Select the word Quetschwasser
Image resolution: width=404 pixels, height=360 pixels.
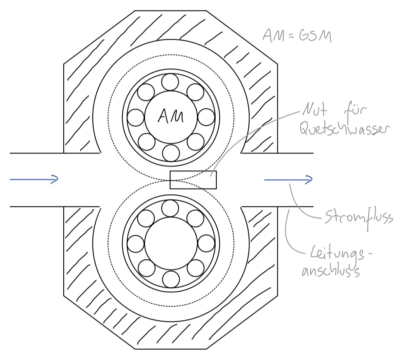click(x=344, y=129)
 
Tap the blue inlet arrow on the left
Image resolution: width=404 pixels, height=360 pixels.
click(x=34, y=179)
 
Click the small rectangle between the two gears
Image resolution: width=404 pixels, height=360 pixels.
click(x=193, y=180)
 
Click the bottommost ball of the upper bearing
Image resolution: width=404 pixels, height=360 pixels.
click(x=170, y=152)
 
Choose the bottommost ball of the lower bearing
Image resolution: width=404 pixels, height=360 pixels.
click(x=170, y=279)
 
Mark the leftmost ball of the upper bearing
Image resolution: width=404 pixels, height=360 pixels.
click(x=136, y=117)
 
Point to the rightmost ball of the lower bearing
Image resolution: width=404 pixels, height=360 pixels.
click(x=206, y=244)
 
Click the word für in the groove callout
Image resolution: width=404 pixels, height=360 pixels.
click(x=354, y=111)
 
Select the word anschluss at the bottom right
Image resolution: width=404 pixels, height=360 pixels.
click(x=331, y=272)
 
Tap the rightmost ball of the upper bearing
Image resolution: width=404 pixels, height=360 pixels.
click(x=206, y=117)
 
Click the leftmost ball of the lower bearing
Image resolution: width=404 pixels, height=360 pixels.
click(x=136, y=244)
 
